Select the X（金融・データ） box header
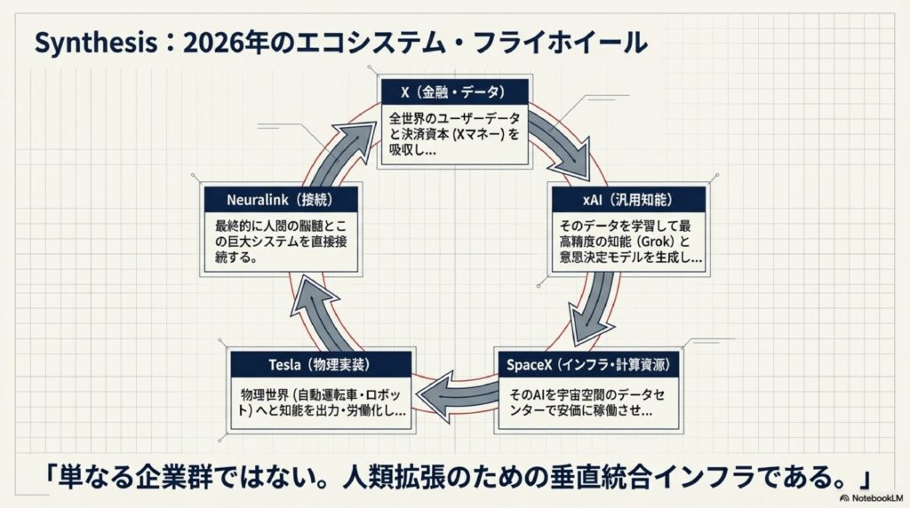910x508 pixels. click(x=454, y=92)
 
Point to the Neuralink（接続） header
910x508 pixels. click(x=280, y=198)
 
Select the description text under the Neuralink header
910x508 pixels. click(x=280, y=242)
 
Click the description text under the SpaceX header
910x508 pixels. click(x=587, y=402)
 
